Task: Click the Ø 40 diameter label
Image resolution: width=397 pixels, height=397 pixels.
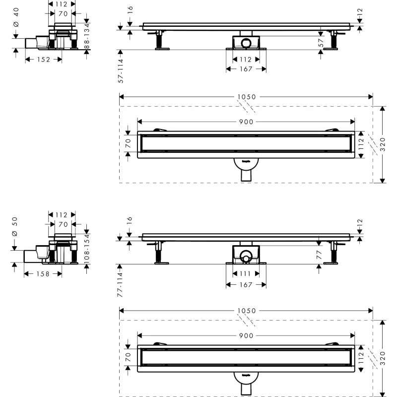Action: [16, 24]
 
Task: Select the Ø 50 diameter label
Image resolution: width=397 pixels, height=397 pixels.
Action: [14, 234]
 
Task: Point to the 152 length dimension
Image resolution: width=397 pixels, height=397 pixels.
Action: [43, 59]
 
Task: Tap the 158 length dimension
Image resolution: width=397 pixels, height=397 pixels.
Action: [43, 273]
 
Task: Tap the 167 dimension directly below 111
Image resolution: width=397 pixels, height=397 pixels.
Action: [246, 284]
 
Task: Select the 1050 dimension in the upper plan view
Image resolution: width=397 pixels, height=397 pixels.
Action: [246, 97]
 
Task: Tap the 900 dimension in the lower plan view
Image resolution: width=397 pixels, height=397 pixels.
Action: [246, 335]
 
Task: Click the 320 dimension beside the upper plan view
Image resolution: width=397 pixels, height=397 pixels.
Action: [383, 144]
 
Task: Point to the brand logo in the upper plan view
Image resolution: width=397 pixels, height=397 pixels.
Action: [246, 161]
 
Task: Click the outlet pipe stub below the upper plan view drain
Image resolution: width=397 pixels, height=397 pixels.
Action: [246, 176]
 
